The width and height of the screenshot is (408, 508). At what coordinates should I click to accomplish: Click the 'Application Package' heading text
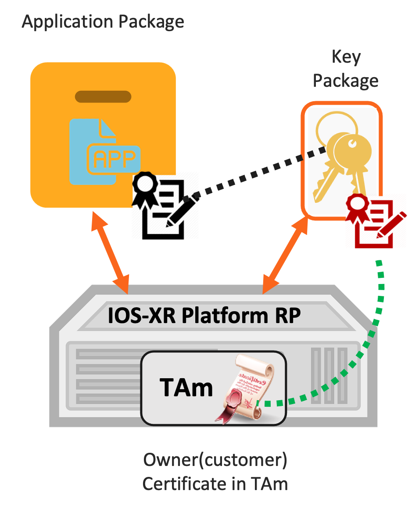[x=103, y=21]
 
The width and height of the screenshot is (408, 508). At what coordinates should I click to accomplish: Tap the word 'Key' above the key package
[x=346, y=57]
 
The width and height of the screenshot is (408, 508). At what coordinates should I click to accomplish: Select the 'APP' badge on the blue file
[x=114, y=159]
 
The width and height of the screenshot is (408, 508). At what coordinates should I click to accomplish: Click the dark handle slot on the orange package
[x=103, y=96]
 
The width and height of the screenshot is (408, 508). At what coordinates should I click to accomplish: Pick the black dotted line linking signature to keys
[x=259, y=173]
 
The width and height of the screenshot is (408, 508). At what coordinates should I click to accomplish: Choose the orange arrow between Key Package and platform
[x=285, y=254]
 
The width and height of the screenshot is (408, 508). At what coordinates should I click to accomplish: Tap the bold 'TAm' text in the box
[x=186, y=388]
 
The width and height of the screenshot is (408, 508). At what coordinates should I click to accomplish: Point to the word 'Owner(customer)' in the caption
[x=215, y=461]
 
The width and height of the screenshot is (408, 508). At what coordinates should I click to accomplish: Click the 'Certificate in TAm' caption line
[x=215, y=484]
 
